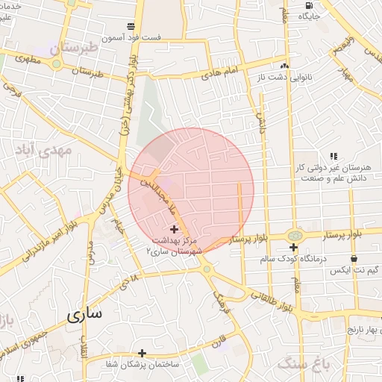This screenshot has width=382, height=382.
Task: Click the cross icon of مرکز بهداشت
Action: coord(175,229)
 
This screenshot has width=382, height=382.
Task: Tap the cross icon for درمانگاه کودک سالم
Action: coord(293,247)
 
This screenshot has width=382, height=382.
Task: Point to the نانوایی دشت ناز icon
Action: coord(284,65)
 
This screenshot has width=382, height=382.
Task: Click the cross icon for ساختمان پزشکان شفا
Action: coord(142,353)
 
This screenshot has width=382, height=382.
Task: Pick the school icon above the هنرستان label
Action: coord(333,156)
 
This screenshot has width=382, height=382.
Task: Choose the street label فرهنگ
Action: coord(219,301)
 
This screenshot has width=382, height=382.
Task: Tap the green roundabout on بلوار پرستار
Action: coord(295,236)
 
